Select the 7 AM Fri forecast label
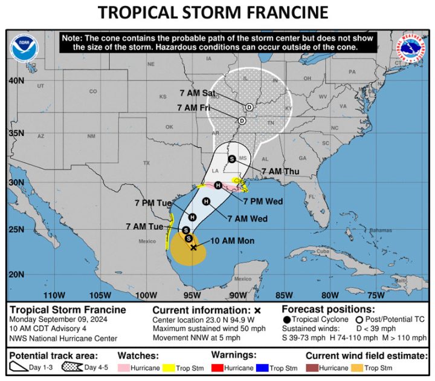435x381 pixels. [193, 107]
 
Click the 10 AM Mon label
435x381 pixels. [233, 241]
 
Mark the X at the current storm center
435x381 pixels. [193, 247]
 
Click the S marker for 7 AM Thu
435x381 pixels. [231, 158]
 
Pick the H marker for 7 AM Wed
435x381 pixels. [206, 201]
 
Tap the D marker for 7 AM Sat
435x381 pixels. [248, 107]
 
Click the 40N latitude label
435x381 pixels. [16, 80]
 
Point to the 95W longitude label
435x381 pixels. [192, 295]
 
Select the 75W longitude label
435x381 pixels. [376, 295]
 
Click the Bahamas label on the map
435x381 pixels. [364, 230]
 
